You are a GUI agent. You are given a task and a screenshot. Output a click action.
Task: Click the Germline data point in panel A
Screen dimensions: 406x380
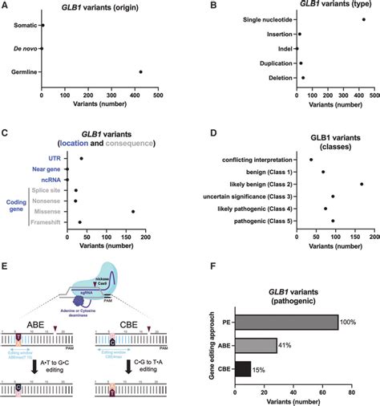point(140,72)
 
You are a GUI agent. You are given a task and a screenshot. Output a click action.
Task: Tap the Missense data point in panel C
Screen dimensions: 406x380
point(133,211)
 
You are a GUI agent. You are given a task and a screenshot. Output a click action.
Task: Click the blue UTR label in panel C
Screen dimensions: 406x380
point(56,158)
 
